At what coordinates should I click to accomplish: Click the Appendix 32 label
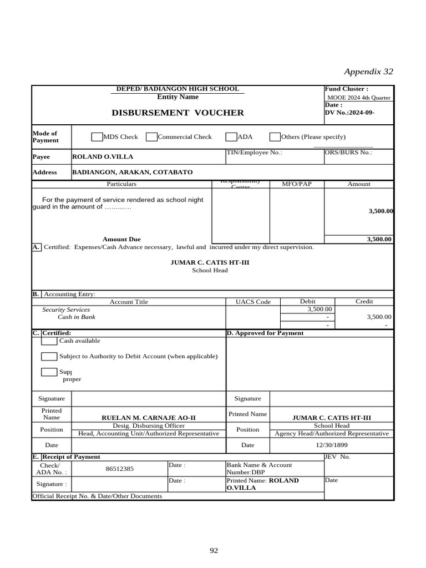368,72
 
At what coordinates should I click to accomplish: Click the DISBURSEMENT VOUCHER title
177,113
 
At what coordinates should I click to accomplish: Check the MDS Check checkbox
97,137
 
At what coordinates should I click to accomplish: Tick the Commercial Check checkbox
151,137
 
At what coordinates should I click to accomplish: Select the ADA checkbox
231,137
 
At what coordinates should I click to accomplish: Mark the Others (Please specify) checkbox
275,137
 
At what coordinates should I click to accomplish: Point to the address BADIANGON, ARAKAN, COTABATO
133,173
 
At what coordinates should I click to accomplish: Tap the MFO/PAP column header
296,184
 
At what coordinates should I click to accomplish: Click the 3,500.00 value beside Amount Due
379,240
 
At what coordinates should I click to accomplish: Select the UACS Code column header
253,302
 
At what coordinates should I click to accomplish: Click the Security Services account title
66,310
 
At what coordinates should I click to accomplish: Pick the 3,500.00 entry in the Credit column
379,317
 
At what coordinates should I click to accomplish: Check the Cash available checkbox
49,341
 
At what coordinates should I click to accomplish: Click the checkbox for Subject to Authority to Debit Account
49,356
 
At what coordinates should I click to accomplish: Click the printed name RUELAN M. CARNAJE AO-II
149,418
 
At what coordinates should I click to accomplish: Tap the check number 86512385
119,469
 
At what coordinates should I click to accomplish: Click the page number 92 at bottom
214,551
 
